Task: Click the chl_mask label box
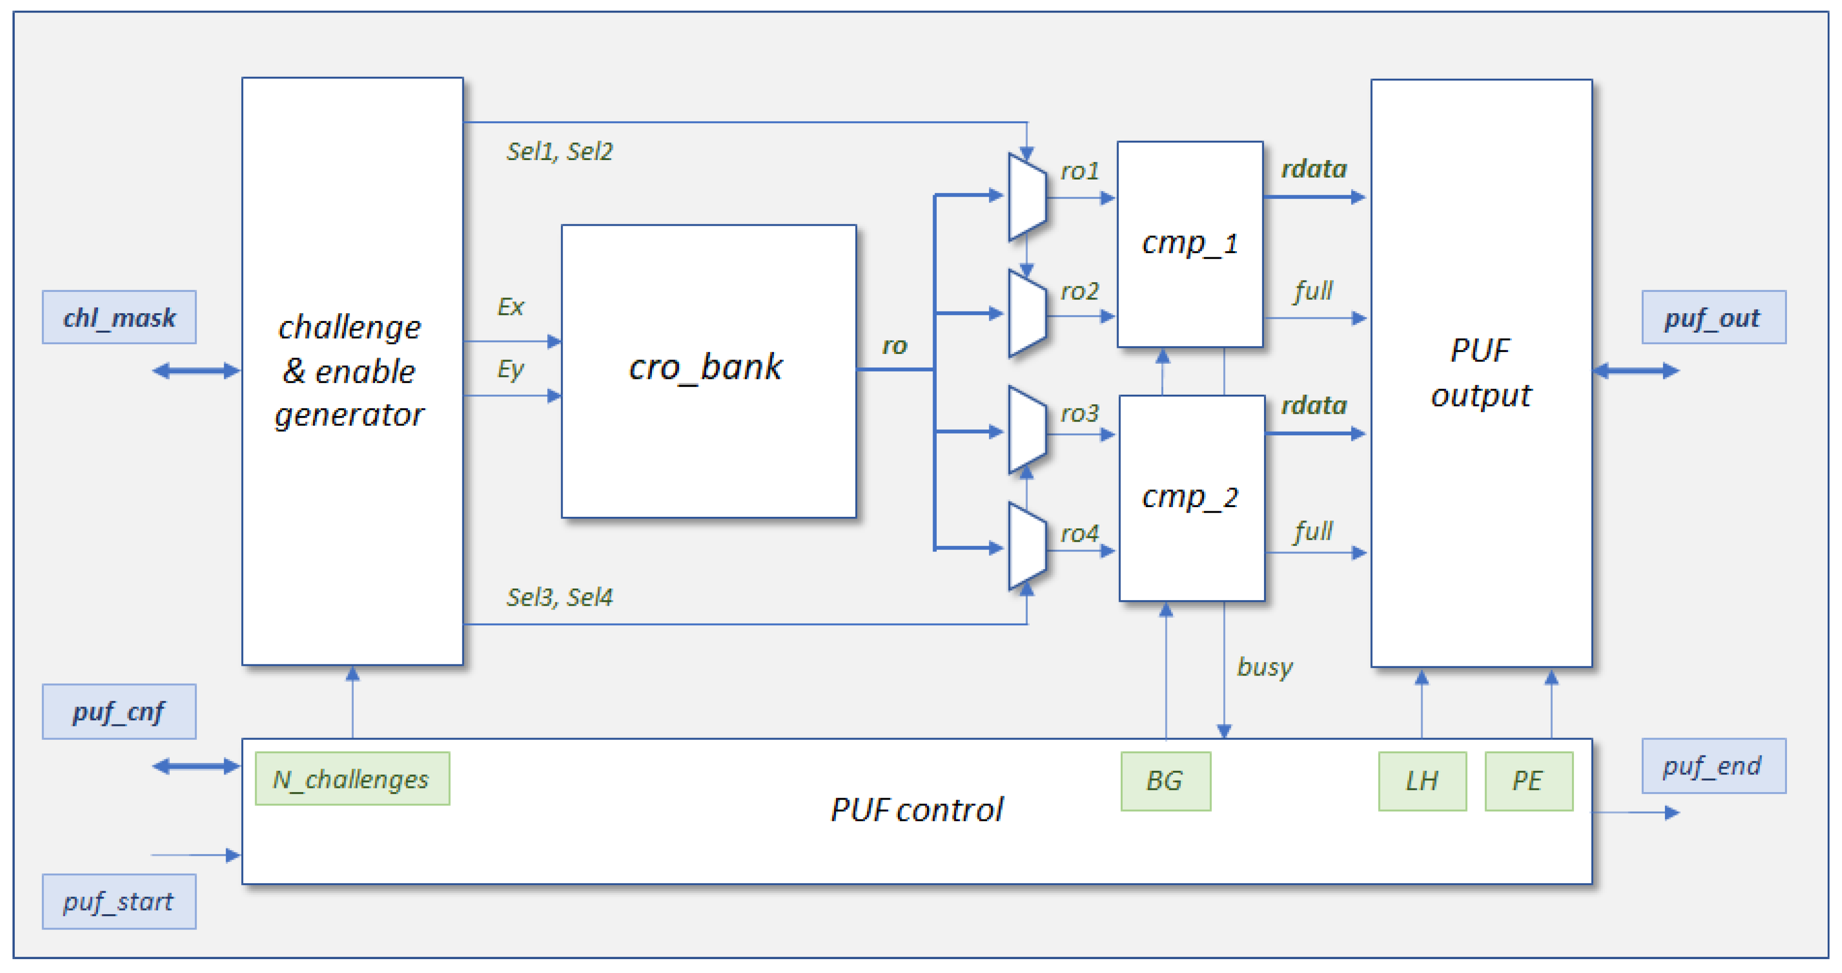click(x=119, y=317)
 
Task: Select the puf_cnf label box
click(x=119, y=711)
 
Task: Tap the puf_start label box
click(x=119, y=901)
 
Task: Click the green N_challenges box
click(x=352, y=778)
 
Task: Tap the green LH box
click(x=1422, y=781)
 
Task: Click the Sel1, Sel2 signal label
click(x=559, y=152)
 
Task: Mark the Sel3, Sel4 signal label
click(x=559, y=597)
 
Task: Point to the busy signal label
click(x=1264, y=667)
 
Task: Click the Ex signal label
click(x=510, y=307)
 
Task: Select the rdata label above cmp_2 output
click(x=1314, y=406)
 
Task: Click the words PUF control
click(x=917, y=810)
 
